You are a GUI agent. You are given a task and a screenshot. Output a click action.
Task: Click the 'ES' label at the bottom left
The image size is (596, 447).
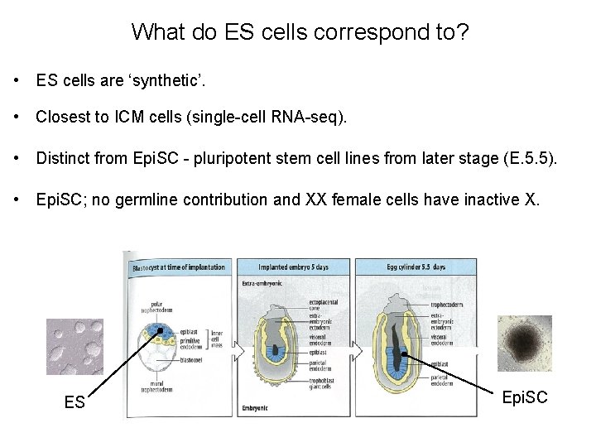click(x=74, y=402)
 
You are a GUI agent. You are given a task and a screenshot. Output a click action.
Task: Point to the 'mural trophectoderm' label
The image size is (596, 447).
click(x=150, y=387)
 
